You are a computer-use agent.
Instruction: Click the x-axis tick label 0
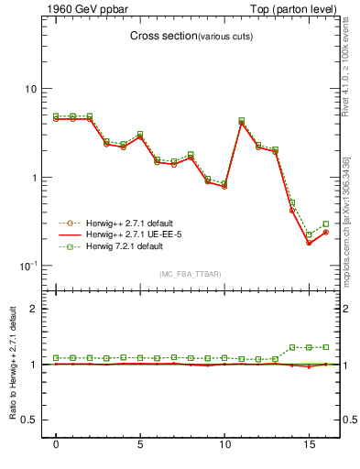[x=56, y=445]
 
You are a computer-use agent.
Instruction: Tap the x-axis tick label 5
[x=140, y=445]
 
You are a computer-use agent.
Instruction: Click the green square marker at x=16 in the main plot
[x=325, y=224]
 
